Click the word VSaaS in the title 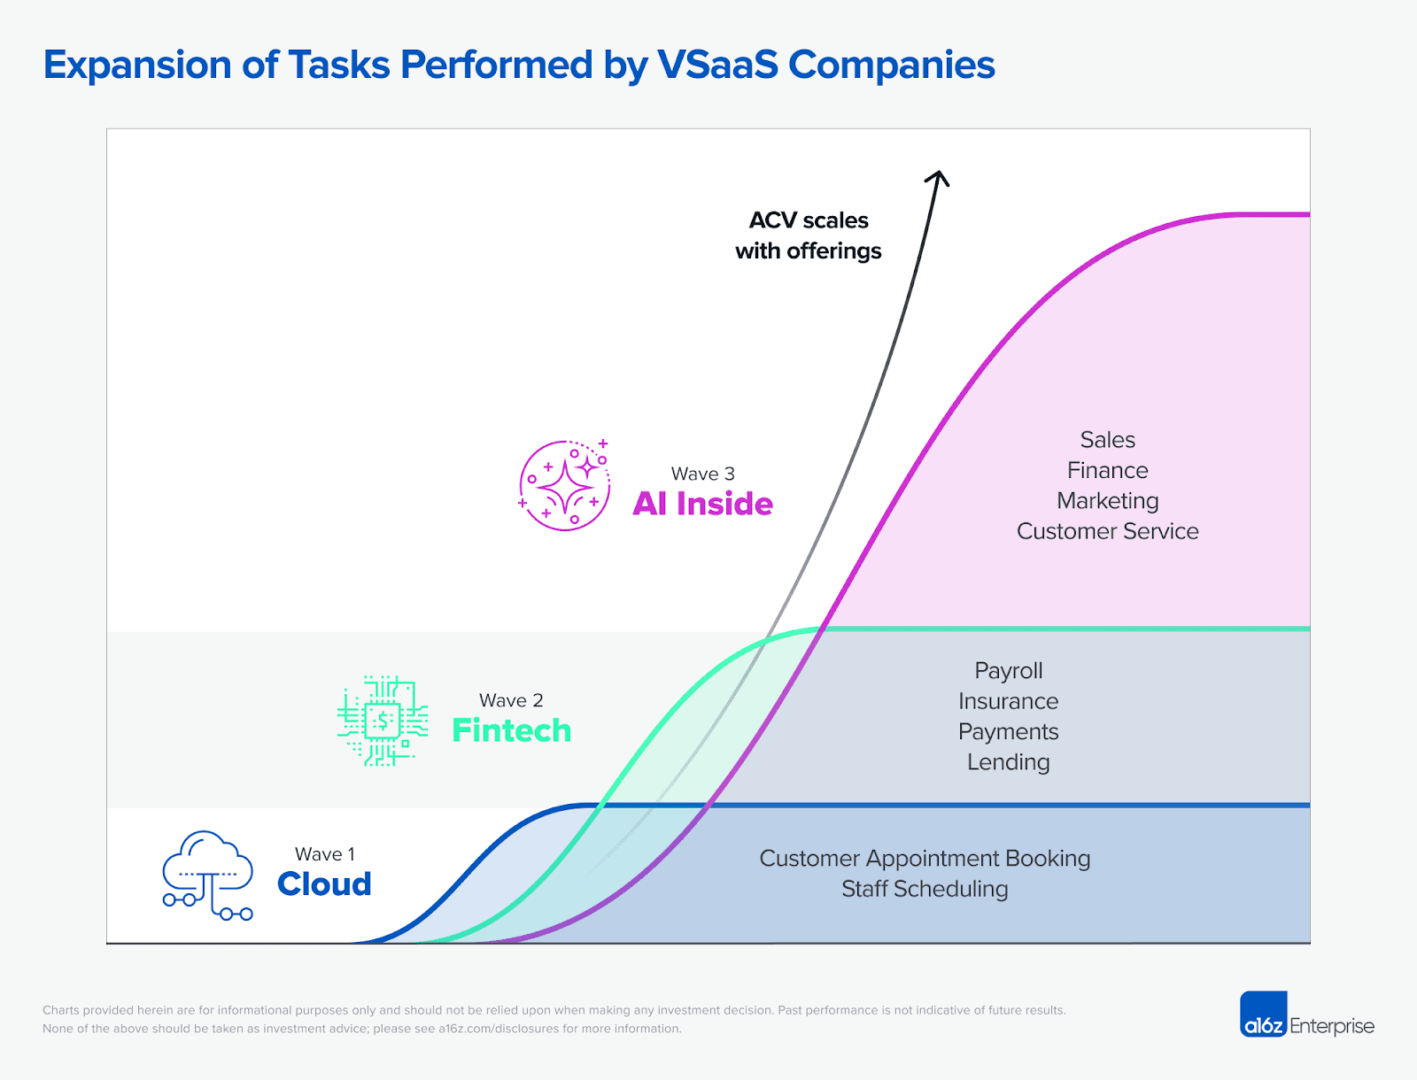(x=716, y=66)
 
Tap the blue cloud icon (x=208, y=875)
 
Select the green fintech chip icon (x=383, y=721)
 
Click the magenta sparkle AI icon (x=565, y=485)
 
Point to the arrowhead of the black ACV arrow (x=938, y=176)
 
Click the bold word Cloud (x=324, y=884)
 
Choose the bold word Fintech (x=511, y=730)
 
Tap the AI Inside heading (x=702, y=504)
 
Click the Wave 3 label (x=702, y=474)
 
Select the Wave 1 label (x=324, y=854)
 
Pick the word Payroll (x=1008, y=671)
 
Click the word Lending (x=1008, y=762)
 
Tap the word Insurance (x=1008, y=701)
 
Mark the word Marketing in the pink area (x=1107, y=501)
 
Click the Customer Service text (x=1107, y=531)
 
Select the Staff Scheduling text (x=925, y=889)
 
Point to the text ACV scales (x=808, y=220)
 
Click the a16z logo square (x=1263, y=1014)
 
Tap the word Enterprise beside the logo (x=1331, y=1026)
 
